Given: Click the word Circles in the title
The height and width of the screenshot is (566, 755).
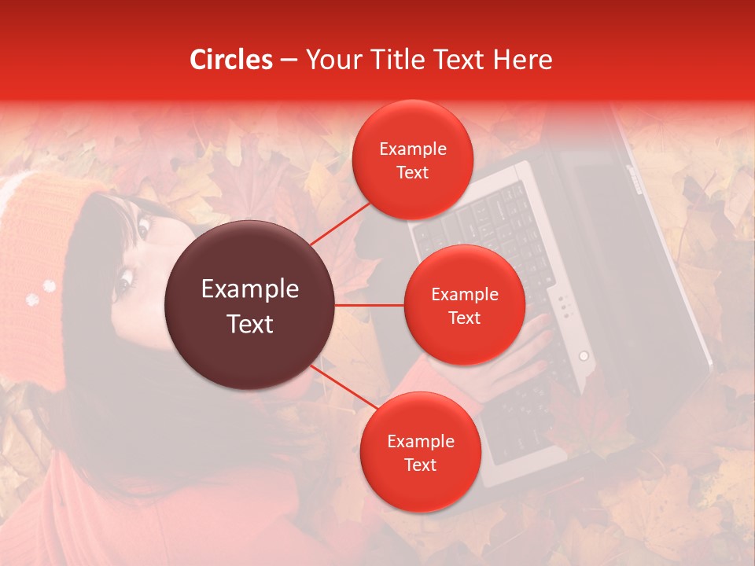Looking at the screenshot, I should tap(231, 60).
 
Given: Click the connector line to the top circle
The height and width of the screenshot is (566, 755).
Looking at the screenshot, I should tap(340, 222).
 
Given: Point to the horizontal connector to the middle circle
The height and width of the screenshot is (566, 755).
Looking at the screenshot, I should tap(370, 304).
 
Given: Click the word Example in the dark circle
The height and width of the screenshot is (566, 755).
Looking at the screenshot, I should tap(250, 289).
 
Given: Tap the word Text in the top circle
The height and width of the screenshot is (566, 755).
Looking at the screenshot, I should tap(412, 172).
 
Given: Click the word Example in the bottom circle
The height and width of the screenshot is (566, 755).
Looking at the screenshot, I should tap(421, 442).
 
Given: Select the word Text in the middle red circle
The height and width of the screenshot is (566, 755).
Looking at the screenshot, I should tap(464, 318).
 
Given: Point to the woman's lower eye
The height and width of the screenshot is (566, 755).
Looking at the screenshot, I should tap(124, 280).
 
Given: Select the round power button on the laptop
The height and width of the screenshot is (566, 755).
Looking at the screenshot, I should tap(584, 356).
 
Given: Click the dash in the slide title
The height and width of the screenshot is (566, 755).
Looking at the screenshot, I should tap(289, 61).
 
